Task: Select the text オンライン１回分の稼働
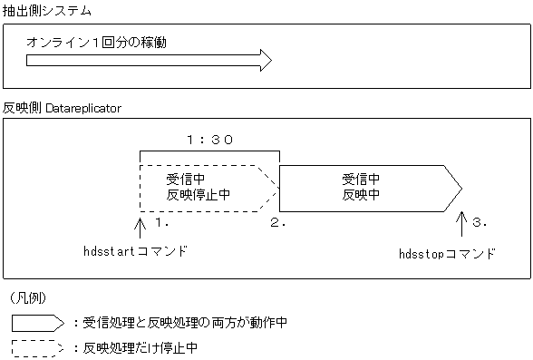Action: pyautogui.click(x=97, y=43)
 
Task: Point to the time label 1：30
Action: pyautogui.click(x=209, y=140)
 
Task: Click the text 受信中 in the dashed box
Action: pyautogui.click(x=186, y=179)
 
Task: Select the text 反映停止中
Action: pyautogui.click(x=198, y=194)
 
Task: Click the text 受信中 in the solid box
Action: pyautogui.click(x=361, y=179)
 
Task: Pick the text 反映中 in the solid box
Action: pyautogui.click(x=361, y=194)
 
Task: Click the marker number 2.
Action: pyautogui.click(x=277, y=221)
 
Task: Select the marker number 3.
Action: pyautogui.click(x=480, y=221)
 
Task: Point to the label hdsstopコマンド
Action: pyautogui.click(x=447, y=254)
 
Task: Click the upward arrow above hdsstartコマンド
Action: pyautogui.click(x=140, y=225)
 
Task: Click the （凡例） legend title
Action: pyautogui.click(x=34, y=297)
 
